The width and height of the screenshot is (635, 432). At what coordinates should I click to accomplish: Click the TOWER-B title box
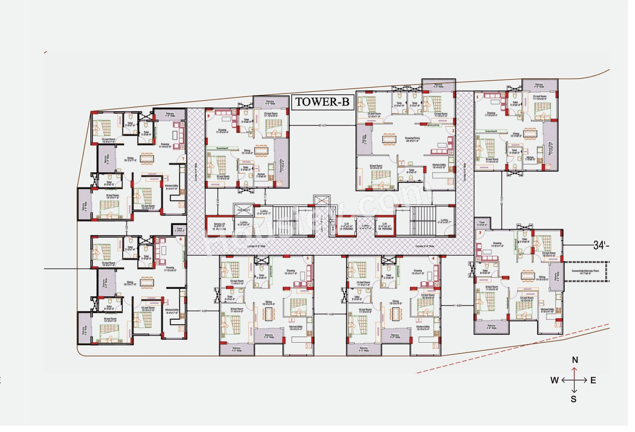(x=322, y=102)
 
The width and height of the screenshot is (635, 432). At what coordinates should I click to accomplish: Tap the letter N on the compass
(x=575, y=360)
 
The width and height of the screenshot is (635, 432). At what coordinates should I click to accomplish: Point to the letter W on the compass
(x=554, y=380)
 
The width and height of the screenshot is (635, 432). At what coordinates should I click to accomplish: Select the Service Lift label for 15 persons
(x=219, y=226)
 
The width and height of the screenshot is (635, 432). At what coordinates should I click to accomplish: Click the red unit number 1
(x=477, y=97)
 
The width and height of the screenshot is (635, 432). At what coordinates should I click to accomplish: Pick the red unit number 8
(x=209, y=116)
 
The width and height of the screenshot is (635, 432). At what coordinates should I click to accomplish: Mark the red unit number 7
(x=183, y=159)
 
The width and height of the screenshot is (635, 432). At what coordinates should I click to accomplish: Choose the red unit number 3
(x=480, y=233)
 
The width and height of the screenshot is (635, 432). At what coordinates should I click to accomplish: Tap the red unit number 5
(x=307, y=258)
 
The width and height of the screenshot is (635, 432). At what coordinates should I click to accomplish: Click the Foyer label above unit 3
(x=481, y=223)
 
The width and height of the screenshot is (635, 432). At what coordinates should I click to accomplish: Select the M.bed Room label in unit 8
(x=223, y=177)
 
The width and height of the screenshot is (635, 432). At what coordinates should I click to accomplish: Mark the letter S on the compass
(x=574, y=399)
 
